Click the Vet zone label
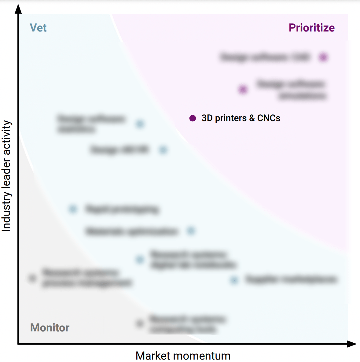tap(38, 28)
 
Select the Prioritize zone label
tap(311, 28)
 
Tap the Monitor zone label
tap(50, 328)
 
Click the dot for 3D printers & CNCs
tap(193, 118)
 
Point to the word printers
tap(231, 118)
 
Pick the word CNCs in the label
tap(269, 118)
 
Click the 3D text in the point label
tap(207, 118)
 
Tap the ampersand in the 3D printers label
tap(252, 118)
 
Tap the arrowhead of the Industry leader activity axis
tap(19, 9)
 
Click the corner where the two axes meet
tap(19, 344)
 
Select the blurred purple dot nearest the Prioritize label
tap(323, 57)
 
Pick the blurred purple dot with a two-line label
tap(243, 90)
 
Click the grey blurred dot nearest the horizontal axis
tap(140, 323)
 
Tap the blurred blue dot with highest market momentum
tap(234, 280)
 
